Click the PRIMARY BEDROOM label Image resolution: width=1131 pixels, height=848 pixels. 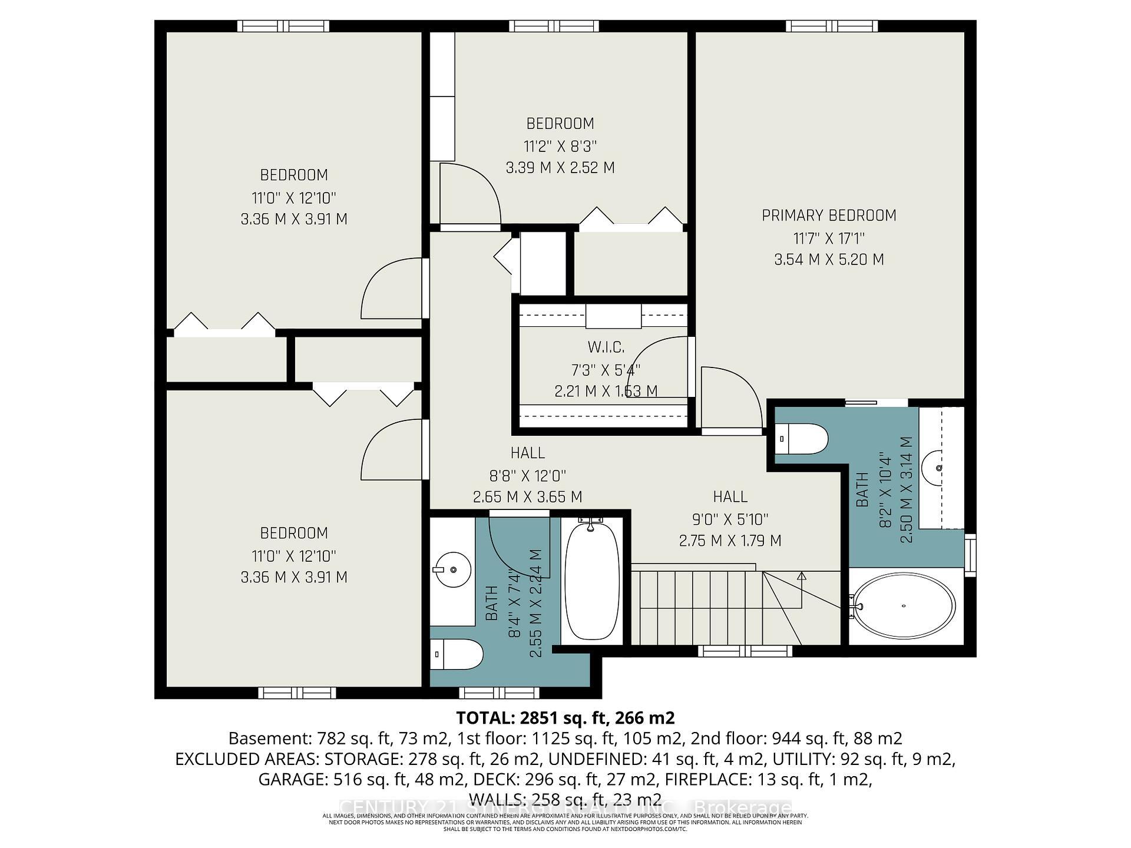click(x=829, y=216)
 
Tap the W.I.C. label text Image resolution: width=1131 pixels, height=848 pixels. click(x=606, y=347)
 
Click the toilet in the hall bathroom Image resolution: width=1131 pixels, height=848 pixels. click(x=457, y=654)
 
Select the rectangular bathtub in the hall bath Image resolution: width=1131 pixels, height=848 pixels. click(x=591, y=581)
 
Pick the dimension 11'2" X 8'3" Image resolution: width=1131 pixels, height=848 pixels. click(x=560, y=146)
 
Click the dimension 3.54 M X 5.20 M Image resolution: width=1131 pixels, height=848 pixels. click(x=829, y=260)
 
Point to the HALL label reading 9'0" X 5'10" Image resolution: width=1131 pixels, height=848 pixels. click(x=730, y=497)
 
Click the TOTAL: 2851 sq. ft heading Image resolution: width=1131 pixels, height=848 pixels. click(x=565, y=718)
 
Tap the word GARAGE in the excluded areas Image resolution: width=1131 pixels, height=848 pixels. click(x=292, y=780)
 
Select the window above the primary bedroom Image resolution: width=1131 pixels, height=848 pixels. click(x=831, y=26)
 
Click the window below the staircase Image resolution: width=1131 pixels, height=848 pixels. click(x=745, y=651)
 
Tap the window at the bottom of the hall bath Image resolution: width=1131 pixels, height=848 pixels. click(x=498, y=693)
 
